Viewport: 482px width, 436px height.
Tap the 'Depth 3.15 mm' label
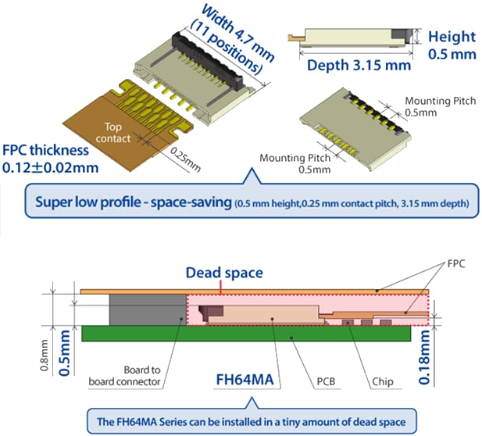click(359, 65)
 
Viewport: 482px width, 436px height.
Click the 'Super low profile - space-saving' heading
click(132, 203)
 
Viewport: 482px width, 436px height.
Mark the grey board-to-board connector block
click(159, 310)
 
